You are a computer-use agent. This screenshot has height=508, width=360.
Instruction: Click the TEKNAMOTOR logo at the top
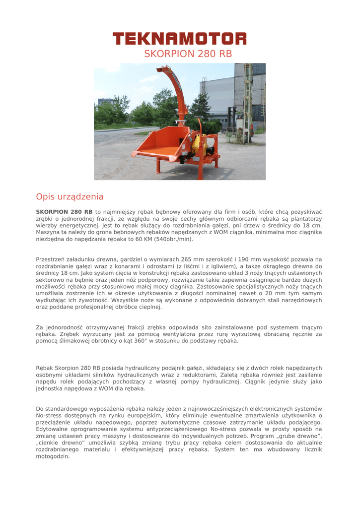click(179, 39)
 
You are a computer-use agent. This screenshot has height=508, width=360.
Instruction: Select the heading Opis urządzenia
click(70, 196)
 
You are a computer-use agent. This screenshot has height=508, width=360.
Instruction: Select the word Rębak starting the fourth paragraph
click(45, 368)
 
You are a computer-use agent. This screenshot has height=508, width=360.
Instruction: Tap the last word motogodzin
click(53, 456)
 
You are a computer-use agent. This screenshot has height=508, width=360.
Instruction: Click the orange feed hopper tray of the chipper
click(154, 144)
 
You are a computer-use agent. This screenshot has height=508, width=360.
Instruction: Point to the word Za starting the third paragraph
click(40, 327)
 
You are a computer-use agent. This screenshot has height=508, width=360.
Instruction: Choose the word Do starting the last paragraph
click(40, 409)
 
